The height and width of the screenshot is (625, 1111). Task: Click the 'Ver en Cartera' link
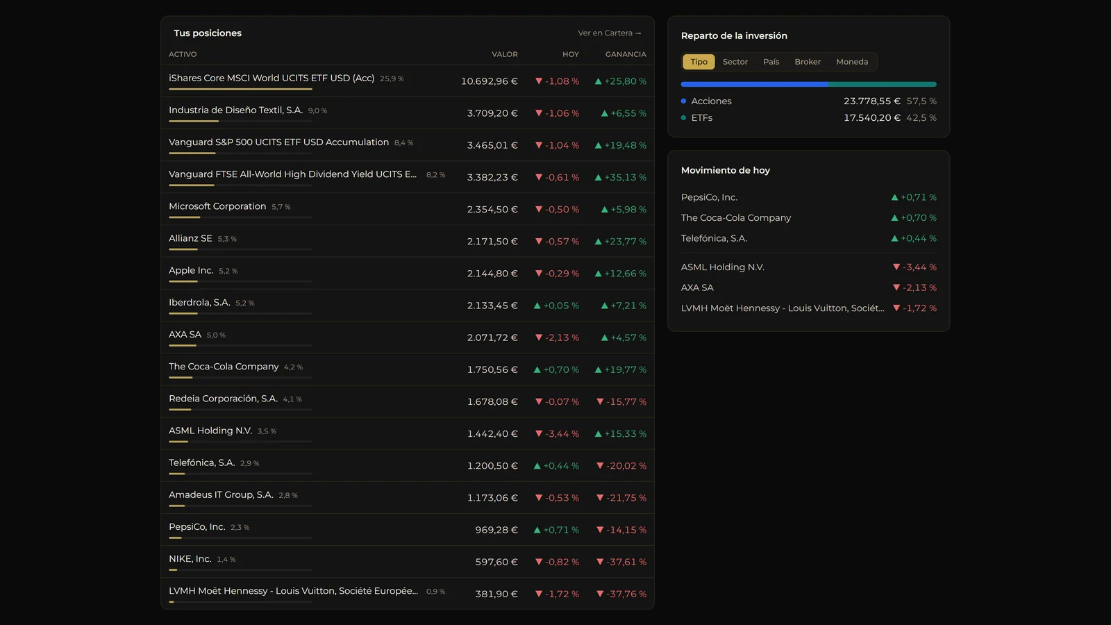tap(609, 33)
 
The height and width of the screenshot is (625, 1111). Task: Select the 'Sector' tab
tap(735, 62)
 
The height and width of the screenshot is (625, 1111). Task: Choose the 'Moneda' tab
tap(852, 62)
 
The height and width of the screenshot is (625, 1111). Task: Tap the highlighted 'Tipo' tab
tap(699, 62)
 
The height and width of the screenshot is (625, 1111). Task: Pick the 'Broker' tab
tap(808, 62)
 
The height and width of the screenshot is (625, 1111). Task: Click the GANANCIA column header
tap(626, 54)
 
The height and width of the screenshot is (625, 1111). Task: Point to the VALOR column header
tap(504, 54)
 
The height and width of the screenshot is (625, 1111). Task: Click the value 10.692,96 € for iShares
tap(489, 81)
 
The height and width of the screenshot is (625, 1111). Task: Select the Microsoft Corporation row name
tap(217, 206)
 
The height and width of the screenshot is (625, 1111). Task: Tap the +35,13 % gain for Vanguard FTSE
tap(621, 177)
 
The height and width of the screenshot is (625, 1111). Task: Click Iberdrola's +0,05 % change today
tap(556, 306)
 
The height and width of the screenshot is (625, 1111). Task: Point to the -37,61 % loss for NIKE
tap(621, 562)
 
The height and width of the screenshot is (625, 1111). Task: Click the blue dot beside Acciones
tap(683, 101)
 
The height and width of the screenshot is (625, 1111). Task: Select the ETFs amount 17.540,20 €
tap(872, 117)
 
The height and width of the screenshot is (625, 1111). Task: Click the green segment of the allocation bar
tap(883, 84)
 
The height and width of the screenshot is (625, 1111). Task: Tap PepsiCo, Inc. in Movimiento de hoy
tap(709, 197)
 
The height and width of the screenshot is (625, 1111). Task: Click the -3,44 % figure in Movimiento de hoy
tap(914, 267)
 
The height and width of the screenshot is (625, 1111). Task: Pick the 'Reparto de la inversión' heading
tap(734, 35)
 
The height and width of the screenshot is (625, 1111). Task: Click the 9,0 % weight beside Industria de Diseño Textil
tap(317, 110)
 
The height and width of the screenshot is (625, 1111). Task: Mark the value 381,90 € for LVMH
tap(496, 594)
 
